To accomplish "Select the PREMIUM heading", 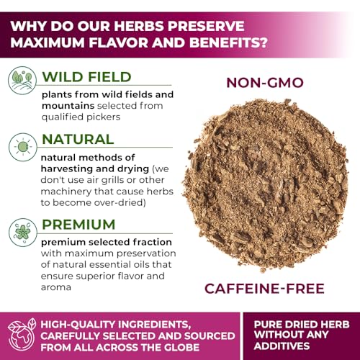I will click(78, 224).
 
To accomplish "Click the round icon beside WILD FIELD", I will click(22, 80).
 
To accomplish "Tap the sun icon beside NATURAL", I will click(22, 147).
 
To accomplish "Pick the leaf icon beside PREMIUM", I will click(22, 233).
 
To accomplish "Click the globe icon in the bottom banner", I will click(22, 335).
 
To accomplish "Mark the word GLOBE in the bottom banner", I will click(181, 348).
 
